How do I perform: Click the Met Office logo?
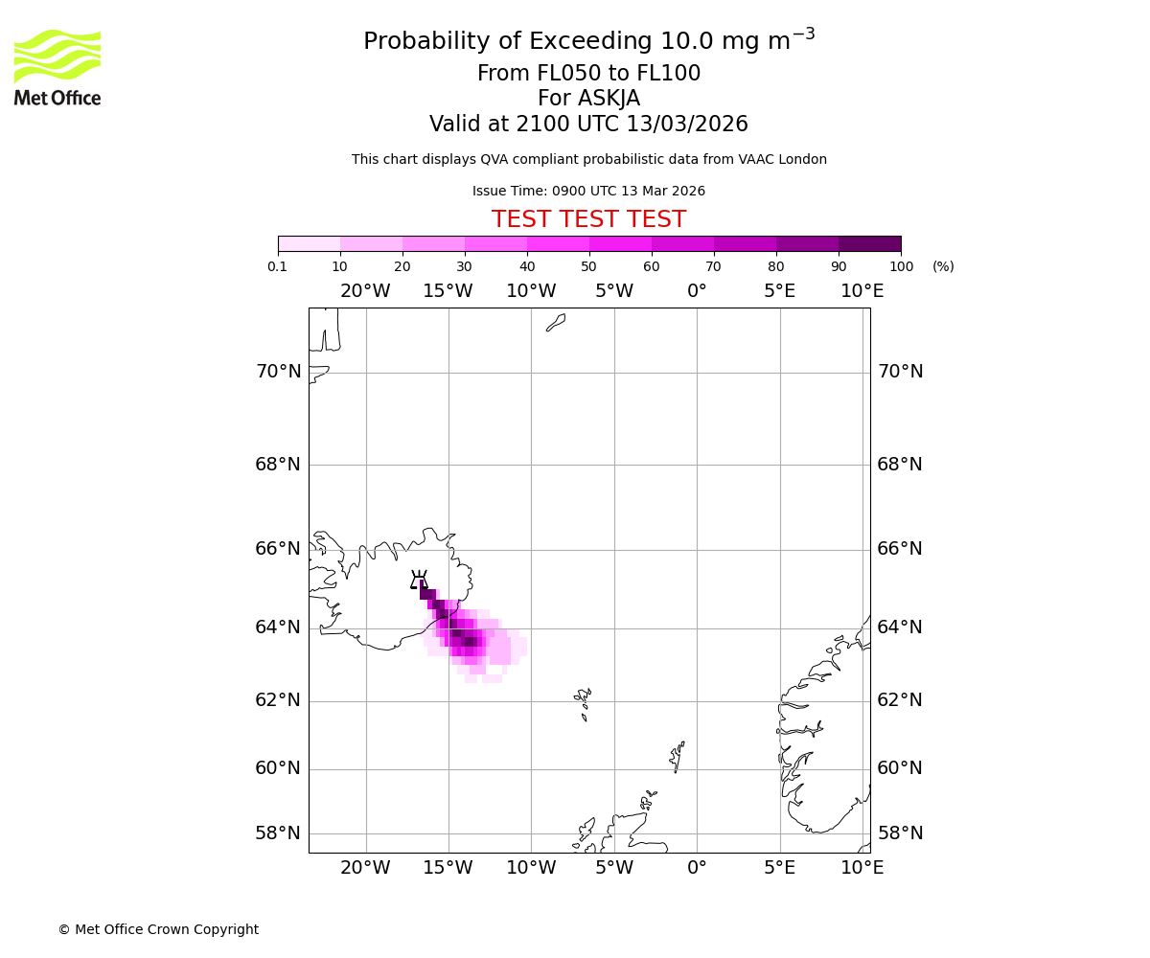tap(57, 67)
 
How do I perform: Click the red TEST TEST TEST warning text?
tap(588, 219)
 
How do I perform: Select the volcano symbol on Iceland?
tap(419, 580)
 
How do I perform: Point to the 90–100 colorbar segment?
tap(869, 243)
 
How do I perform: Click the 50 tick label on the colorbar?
tap(588, 266)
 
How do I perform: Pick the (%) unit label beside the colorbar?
tap(943, 266)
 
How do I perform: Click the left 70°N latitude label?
tap(278, 372)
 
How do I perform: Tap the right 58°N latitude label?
tap(900, 833)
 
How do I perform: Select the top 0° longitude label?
tap(697, 291)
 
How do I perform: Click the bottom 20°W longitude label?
tap(365, 868)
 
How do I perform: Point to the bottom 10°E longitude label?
tap(862, 868)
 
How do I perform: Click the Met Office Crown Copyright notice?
tap(158, 929)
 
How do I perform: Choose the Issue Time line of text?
tap(588, 191)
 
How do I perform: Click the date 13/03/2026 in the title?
tap(687, 125)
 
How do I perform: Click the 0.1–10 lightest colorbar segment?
tap(309, 243)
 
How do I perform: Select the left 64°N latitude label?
tap(278, 627)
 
